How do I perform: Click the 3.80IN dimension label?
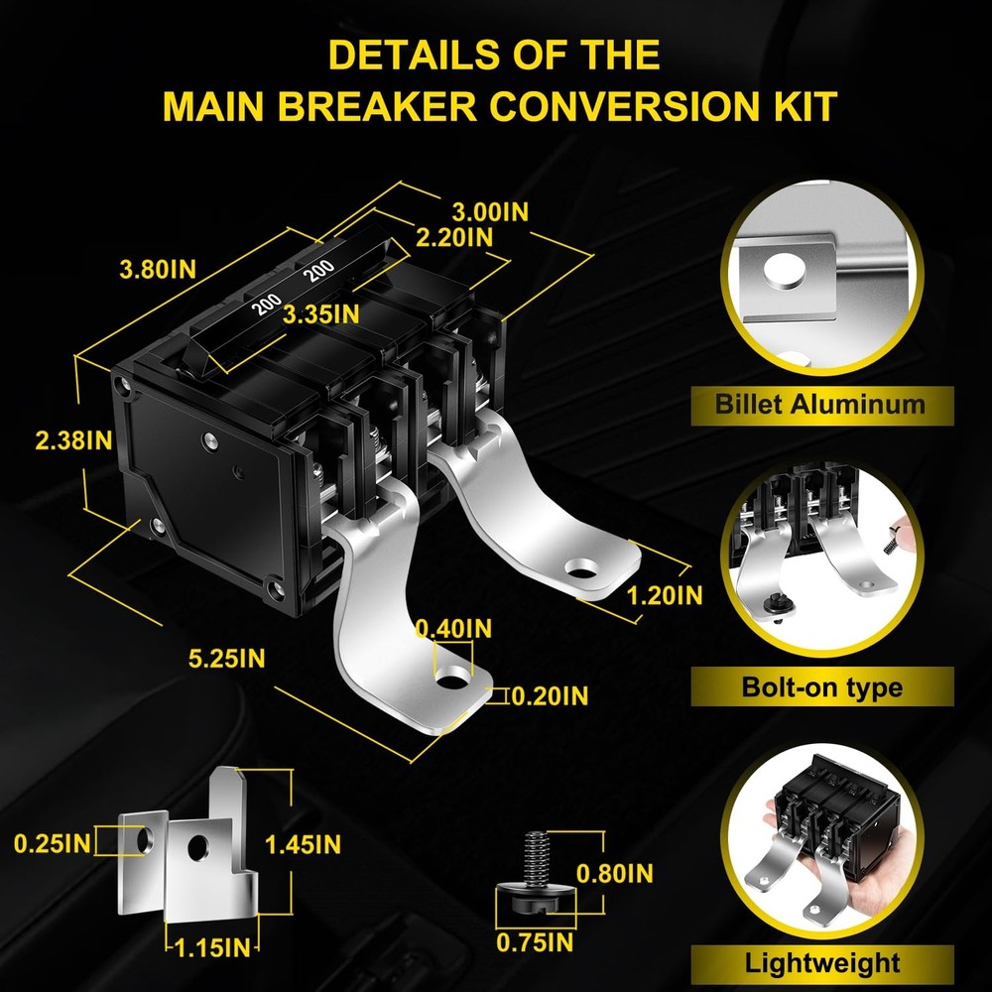pos(158,270)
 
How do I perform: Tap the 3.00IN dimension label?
pos(490,212)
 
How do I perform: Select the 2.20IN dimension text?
pos(454,237)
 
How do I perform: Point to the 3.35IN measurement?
pos(320,314)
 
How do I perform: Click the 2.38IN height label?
pos(74,440)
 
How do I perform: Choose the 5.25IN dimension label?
pos(226,659)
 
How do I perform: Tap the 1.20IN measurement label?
pos(665,595)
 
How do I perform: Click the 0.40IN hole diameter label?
pos(453,629)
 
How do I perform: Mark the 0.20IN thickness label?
pos(550,696)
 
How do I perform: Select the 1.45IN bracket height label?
pos(303,844)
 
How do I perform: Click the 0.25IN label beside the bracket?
pos(52,844)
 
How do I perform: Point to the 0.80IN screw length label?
pos(614,874)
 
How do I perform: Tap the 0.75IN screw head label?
pos(535,942)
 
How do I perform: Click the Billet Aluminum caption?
pos(820,405)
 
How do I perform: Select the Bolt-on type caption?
pos(821,687)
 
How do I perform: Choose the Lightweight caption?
pos(821,963)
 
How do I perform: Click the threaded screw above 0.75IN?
pos(536,872)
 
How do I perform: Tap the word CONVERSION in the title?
pos(623,106)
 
